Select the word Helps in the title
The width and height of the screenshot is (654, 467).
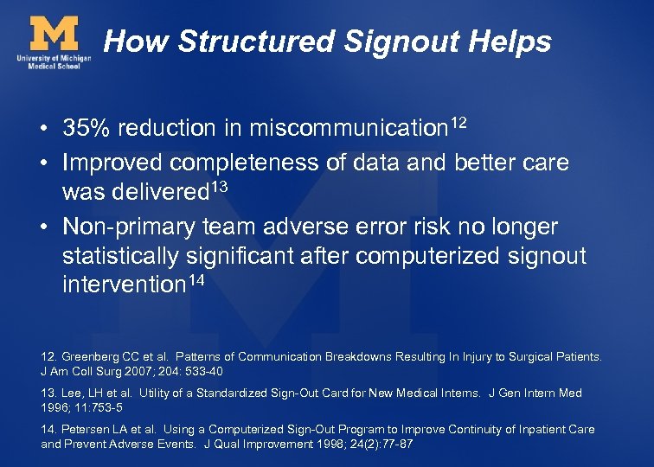pos(511,41)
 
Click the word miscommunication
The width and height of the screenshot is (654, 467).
pos(348,128)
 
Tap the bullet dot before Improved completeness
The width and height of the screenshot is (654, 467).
pos(42,163)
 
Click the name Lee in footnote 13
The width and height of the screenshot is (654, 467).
pos(69,393)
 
